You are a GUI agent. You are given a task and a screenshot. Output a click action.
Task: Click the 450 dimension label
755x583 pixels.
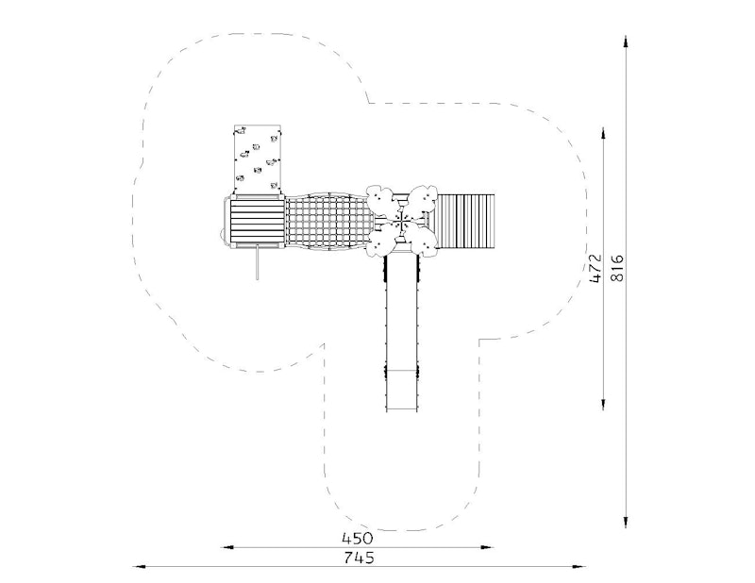click(358, 538)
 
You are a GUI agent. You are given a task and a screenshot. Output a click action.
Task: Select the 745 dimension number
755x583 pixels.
click(360, 558)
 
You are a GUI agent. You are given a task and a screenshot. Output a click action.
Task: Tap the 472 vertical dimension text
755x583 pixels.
click(596, 269)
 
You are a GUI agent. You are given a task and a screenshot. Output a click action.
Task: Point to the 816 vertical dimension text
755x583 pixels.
click(617, 269)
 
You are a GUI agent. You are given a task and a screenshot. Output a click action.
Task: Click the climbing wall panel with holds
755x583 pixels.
click(257, 159)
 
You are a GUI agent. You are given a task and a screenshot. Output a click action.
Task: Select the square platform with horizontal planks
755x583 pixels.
click(257, 222)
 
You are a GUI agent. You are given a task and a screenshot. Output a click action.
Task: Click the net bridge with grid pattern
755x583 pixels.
click(327, 222)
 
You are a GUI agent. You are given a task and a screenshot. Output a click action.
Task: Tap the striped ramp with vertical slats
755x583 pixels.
click(465, 222)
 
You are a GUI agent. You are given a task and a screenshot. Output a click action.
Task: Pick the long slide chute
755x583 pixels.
click(402, 332)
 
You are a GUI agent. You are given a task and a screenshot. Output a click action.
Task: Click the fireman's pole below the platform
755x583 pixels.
click(257, 261)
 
